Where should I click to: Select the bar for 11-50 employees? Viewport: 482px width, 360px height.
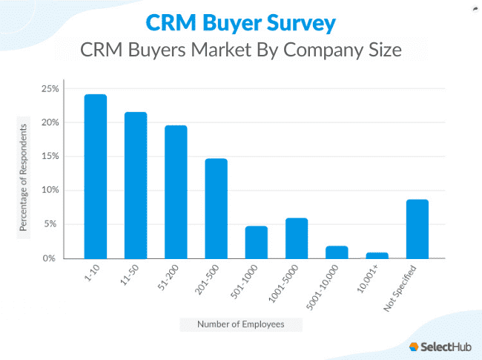pos(135,186)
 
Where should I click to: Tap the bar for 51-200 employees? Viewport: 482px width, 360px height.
pos(176,192)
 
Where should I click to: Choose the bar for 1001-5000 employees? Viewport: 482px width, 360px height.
pos(297,238)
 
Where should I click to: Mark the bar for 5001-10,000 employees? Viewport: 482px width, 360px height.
pos(337,252)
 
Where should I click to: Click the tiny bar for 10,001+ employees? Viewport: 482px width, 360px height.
pos(377,255)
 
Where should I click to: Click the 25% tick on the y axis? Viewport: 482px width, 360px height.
pos(50,88)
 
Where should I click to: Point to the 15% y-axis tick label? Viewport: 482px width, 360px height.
pos(50,156)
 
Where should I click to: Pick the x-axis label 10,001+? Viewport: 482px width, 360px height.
pos(370,278)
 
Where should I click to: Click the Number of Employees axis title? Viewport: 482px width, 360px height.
pos(241,324)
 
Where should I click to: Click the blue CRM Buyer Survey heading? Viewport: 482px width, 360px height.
pos(240,22)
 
